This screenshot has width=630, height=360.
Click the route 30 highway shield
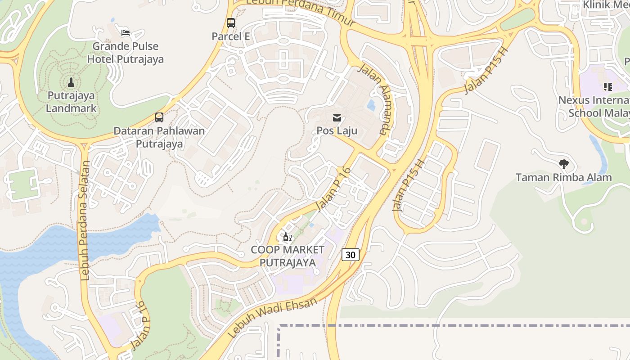[351, 255]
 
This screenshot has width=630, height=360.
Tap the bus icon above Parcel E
[231, 22]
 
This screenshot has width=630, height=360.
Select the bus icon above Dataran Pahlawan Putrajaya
[159, 117]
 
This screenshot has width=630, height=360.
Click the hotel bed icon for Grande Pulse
[126, 33]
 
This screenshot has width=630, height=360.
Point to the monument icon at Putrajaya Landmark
[71, 82]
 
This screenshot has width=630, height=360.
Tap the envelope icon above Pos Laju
[337, 118]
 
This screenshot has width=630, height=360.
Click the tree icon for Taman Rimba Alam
[563, 164]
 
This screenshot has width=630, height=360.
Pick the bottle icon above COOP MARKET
[287, 237]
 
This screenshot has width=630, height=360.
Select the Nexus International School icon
[608, 87]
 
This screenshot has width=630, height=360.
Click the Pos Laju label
[337, 131]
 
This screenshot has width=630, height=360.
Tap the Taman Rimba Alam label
[563, 177]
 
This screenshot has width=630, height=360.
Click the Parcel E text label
[231, 36]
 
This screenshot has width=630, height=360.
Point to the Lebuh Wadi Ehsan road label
[272, 318]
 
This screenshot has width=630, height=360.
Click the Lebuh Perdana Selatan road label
[85, 220]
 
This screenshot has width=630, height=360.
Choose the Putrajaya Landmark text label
[72, 102]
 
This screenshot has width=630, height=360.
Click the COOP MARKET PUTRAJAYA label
[288, 256]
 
